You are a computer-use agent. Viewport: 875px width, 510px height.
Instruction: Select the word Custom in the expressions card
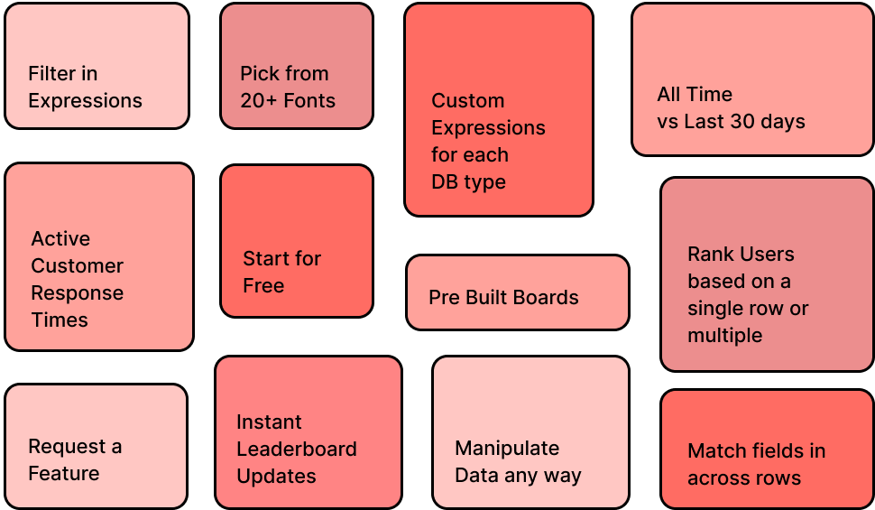tap(467, 100)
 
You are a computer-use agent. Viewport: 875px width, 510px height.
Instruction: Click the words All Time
tap(695, 94)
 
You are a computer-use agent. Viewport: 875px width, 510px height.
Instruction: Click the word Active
tap(60, 238)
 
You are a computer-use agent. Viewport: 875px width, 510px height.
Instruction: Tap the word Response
tap(77, 292)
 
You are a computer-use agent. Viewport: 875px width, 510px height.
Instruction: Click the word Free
tap(263, 285)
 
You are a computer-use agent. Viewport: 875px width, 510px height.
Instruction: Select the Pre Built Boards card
tap(517, 292)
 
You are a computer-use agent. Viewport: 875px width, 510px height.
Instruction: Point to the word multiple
tap(724, 335)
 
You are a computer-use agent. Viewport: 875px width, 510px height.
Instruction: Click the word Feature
tap(63, 473)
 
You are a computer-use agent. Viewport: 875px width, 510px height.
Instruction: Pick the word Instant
tap(269, 422)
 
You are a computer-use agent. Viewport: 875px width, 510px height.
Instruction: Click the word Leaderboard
tap(296, 449)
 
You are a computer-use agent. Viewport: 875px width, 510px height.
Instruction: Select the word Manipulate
tap(506, 448)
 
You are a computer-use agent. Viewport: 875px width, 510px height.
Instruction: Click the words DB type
tap(468, 181)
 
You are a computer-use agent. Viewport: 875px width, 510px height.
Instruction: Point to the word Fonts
tap(309, 100)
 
